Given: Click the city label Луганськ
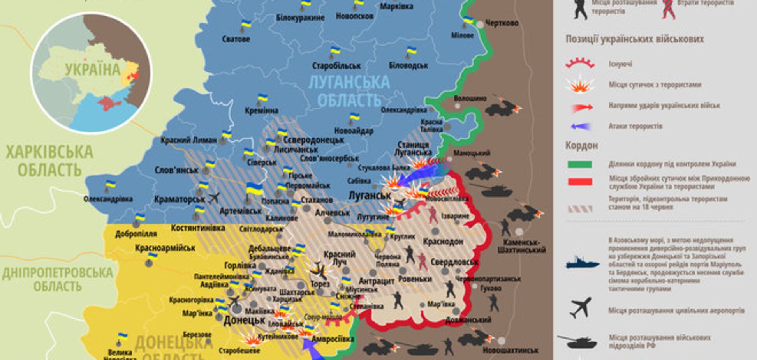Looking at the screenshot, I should coord(370,196).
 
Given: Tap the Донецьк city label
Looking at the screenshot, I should coord(244,321).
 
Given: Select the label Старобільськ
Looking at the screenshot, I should coord(336,65).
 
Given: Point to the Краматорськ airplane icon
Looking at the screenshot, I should coord(214,198).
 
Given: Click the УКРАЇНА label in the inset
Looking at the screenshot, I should coord(93,70).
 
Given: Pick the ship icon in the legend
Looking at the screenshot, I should coord(582,263).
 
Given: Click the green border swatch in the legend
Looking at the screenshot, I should coord(580,164).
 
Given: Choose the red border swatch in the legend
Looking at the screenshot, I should coord(580,182).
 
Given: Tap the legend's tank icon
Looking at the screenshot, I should coord(577,342).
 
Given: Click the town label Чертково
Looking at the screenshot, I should coord(502,23).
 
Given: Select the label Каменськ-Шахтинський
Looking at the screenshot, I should coord(522,246).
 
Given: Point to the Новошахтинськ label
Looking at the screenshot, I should coord(511,351).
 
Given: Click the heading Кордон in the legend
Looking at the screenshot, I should coord(581,146).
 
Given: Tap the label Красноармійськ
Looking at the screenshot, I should coord(165,248).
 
